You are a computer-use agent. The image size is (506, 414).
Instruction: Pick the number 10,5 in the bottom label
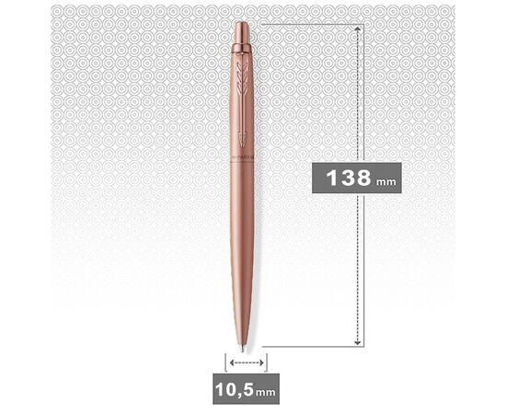(235, 388)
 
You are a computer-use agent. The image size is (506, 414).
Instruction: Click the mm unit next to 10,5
(266, 391)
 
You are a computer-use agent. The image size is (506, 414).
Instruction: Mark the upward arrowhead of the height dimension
(358, 29)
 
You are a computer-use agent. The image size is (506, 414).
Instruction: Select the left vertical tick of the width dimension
(224, 362)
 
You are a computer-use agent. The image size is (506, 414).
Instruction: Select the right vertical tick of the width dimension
(267, 362)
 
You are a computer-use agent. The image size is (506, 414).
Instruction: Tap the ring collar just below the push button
(241, 45)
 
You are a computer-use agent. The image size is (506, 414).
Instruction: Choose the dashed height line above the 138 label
(358, 92)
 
